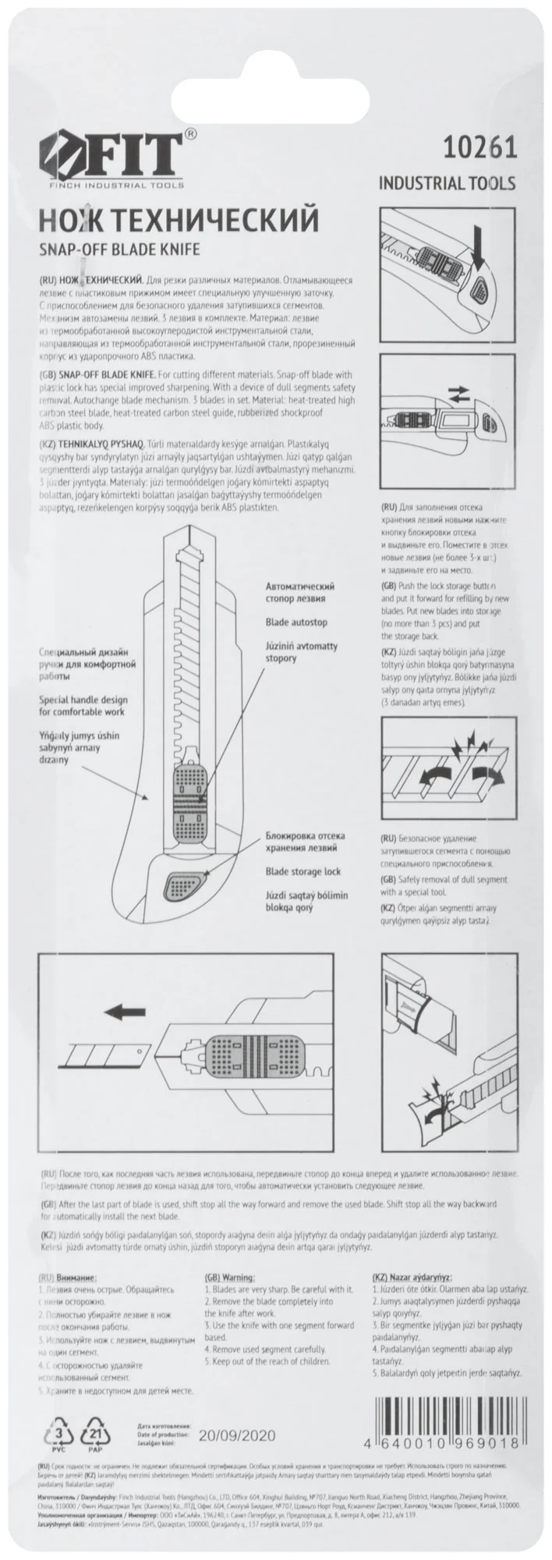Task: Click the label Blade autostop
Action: click(x=297, y=622)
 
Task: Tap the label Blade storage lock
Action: click(x=303, y=871)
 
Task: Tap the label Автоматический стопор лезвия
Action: click(x=301, y=592)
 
